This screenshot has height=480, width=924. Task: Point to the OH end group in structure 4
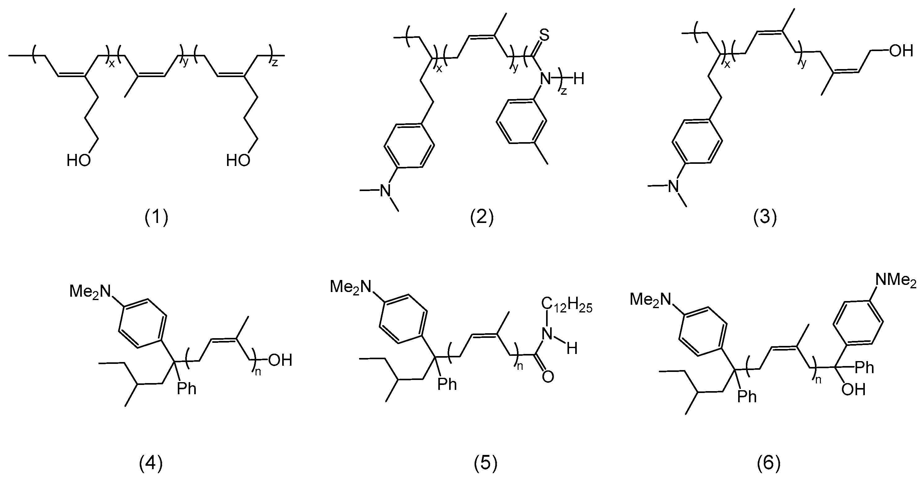click(x=280, y=360)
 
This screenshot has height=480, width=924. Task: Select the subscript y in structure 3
click(x=803, y=63)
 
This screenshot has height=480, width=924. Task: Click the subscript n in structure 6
click(x=818, y=380)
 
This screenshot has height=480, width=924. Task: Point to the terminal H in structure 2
click(x=579, y=79)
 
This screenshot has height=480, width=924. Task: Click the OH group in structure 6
click(x=853, y=390)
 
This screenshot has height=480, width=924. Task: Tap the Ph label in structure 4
click(x=187, y=389)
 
